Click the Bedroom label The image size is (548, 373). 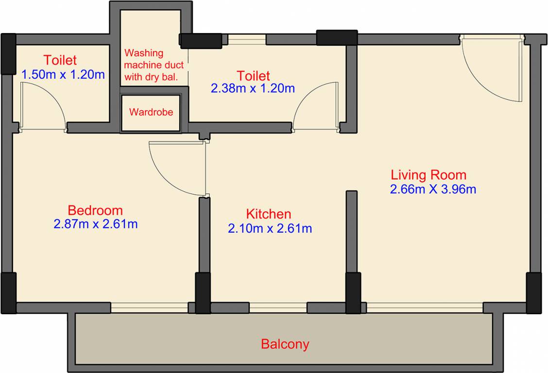(x=95, y=210)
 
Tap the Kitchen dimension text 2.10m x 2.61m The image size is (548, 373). (x=270, y=228)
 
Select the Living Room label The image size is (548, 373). (x=428, y=175)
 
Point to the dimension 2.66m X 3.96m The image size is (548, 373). (x=433, y=189)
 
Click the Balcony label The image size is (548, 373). (x=285, y=344)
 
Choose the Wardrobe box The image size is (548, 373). (x=151, y=113)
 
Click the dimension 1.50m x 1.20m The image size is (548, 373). (x=63, y=75)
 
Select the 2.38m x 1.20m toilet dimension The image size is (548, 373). (x=253, y=88)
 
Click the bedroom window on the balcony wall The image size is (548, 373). (x=149, y=307)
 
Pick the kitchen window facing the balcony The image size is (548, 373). (x=278, y=307)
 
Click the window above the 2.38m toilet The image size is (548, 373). (x=247, y=39)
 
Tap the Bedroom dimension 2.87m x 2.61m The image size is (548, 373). (x=95, y=224)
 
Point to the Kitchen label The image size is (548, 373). (x=268, y=214)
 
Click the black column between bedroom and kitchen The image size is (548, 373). (x=203, y=292)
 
